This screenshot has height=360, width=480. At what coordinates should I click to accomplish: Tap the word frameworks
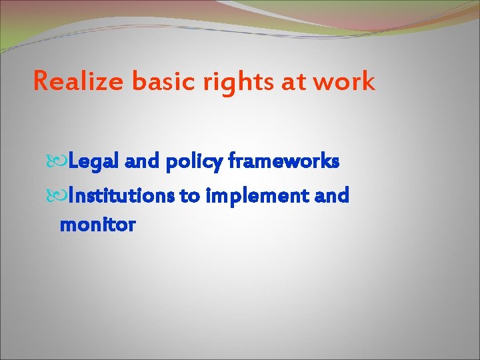(284, 162)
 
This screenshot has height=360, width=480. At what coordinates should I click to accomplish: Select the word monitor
(97, 225)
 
